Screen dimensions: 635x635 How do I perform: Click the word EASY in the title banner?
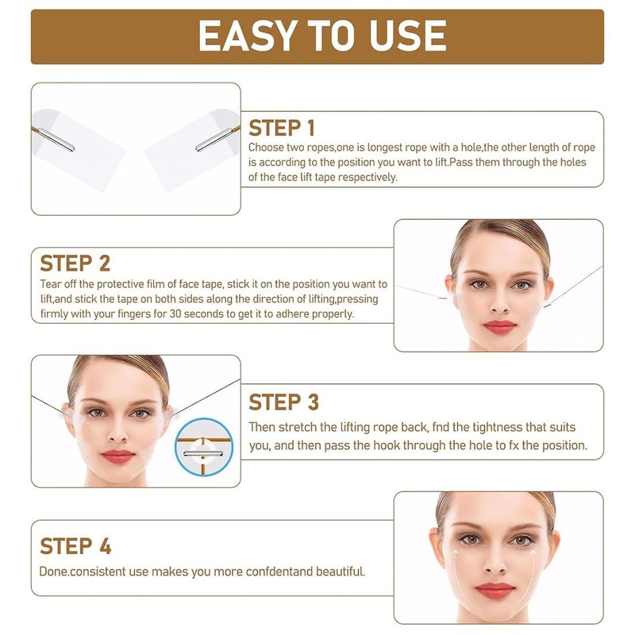click(247, 36)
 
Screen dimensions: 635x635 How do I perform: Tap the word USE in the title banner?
click(402, 36)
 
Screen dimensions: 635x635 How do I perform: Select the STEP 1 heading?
click(282, 128)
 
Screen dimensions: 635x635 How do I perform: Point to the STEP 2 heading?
click(75, 263)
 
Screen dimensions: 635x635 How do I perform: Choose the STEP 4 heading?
click(75, 546)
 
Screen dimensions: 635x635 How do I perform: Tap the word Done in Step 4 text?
click(54, 571)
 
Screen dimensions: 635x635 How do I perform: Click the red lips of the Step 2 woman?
click(499, 327)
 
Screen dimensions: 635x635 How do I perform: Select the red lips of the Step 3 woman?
click(117, 456)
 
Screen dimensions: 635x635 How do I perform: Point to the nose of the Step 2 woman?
click(500, 303)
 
